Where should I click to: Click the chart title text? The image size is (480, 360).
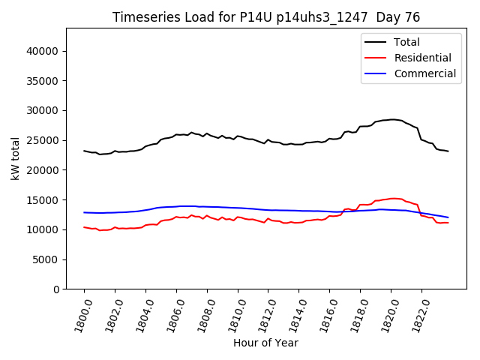click(x=266, y=17)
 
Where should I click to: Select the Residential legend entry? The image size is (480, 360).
click(x=423, y=58)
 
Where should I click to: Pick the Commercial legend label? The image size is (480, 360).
click(x=424, y=73)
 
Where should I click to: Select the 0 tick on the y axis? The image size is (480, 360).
click(x=56, y=289)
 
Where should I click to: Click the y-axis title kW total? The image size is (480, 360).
click(x=15, y=158)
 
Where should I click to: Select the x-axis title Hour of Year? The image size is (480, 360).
click(x=265, y=343)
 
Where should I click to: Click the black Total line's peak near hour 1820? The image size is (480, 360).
click(x=391, y=119)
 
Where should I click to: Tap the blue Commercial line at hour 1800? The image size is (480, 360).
click(x=85, y=212)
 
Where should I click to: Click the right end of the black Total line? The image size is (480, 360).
click(x=448, y=151)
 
